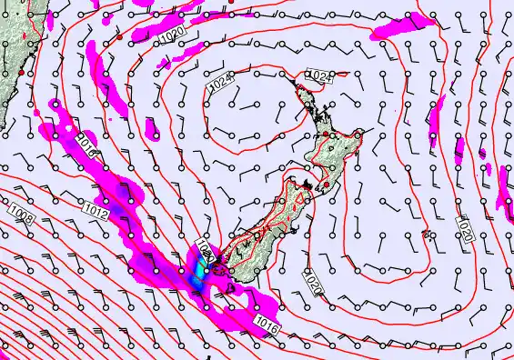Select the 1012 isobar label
[x=99, y=215]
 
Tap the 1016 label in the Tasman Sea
[x=86, y=141]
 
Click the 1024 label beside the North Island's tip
[x=317, y=75]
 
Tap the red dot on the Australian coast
[x=21, y=71]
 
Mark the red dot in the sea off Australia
[x=118, y=39]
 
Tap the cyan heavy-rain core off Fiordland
[x=199, y=270]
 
